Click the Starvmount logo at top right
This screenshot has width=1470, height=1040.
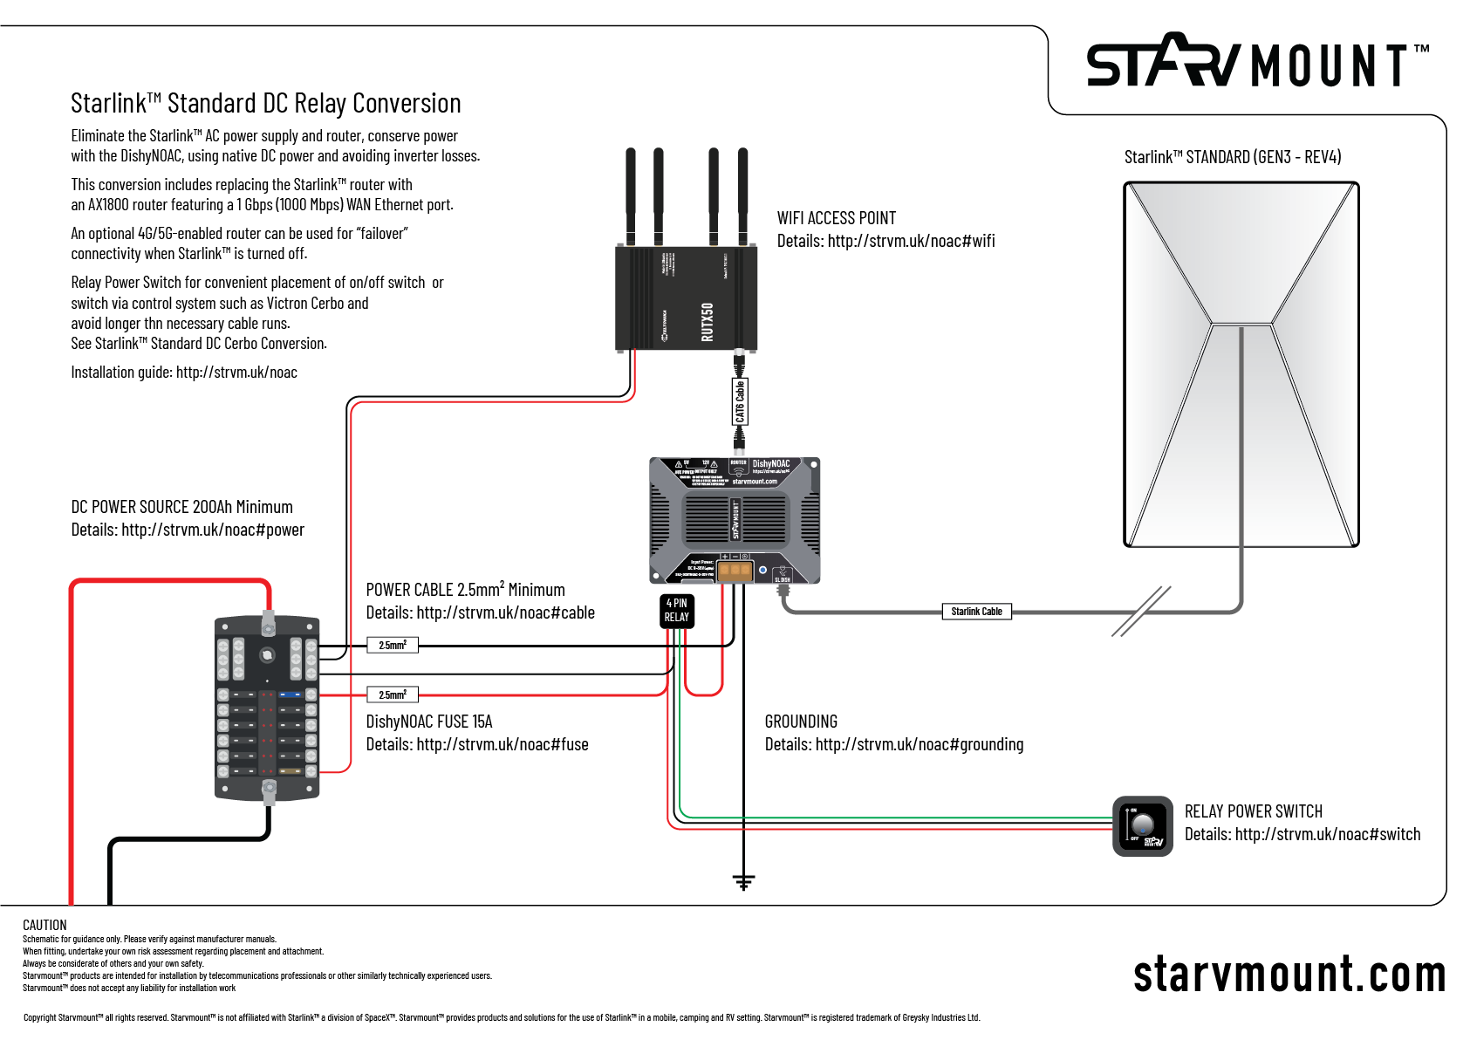point(1256,62)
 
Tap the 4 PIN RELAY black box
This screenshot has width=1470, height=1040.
point(677,611)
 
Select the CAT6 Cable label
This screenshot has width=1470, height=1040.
point(740,401)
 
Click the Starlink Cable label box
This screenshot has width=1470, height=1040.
point(976,612)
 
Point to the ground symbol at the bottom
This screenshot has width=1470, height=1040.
point(743,882)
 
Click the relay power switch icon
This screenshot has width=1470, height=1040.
point(1143,825)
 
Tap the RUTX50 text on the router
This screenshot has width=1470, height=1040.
point(708,321)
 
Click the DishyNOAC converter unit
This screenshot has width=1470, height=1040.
point(735,520)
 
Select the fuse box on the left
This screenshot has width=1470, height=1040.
point(267,708)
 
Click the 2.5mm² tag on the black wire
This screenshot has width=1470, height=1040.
point(393,646)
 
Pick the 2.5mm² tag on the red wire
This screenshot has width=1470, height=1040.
point(393,695)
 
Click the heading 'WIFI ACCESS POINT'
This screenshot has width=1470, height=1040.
point(836,218)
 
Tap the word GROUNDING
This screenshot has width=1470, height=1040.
point(801,722)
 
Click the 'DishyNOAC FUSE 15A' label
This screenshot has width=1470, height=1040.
point(429,722)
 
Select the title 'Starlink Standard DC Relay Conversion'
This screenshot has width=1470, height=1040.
point(266,104)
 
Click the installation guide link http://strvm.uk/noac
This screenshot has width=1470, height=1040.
point(236,373)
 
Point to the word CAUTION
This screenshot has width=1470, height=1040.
point(44,925)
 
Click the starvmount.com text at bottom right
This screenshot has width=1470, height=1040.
point(1289,975)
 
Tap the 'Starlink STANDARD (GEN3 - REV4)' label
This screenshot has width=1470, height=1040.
point(1232,157)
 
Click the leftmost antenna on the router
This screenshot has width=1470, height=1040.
point(630,196)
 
